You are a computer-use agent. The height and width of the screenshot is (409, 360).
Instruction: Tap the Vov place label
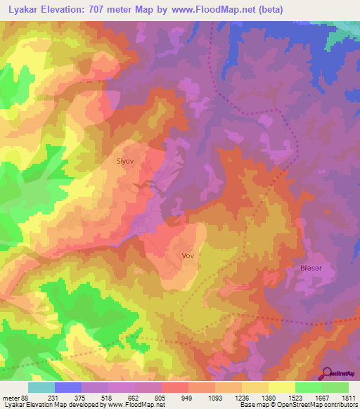tap(187, 256)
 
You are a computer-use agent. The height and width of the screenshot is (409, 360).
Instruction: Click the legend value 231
tap(53, 397)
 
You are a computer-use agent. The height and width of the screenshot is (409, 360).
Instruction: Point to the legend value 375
tap(79, 397)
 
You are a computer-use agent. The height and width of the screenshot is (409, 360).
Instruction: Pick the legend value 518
tap(105, 397)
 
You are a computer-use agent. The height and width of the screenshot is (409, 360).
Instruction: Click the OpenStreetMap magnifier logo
tap(326, 373)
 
